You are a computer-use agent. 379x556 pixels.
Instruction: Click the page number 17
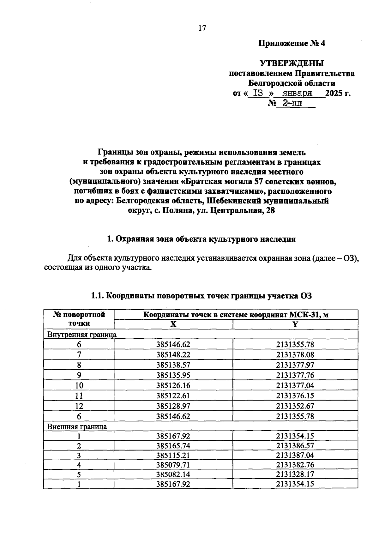[x=202, y=28]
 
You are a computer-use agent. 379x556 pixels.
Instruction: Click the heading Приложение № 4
[x=292, y=43]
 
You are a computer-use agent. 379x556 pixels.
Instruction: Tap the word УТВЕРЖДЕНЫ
[x=292, y=63]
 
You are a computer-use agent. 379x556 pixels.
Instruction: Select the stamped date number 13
[x=258, y=94]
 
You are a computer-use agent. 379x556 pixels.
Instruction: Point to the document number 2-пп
[x=292, y=103]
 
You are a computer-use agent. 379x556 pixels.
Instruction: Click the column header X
[x=173, y=324]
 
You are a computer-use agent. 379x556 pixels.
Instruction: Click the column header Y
[x=295, y=324]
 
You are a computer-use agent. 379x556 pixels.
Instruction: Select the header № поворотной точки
[x=79, y=319]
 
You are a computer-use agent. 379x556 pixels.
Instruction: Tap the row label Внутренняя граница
[x=82, y=335]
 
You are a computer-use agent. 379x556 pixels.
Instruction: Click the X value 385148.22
[x=173, y=355]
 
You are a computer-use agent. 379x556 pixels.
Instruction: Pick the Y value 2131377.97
[x=295, y=365]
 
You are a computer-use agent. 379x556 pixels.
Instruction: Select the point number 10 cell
[x=79, y=385]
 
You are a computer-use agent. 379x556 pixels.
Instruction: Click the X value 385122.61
[x=173, y=396]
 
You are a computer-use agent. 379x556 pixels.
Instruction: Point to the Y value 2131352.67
[x=295, y=406]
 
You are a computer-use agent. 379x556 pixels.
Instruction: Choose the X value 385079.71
[x=173, y=465]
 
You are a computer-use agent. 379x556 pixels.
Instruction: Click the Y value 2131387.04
[x=295, y=455]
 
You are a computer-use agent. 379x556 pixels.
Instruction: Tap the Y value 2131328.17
[x=295, y=474]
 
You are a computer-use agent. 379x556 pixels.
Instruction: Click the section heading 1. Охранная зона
[x=201, y=239]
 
